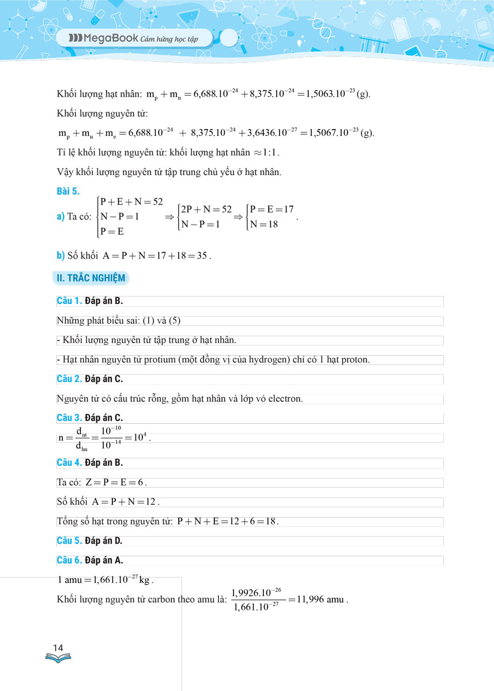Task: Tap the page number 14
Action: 58,648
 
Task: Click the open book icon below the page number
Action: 58,658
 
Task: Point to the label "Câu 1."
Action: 69,301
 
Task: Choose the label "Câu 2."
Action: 69,379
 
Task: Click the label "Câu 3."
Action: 69,418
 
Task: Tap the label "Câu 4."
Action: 69,462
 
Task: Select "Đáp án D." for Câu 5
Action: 104,541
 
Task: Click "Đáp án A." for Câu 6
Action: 104,560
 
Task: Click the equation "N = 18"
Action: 264,224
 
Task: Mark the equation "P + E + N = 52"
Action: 131,202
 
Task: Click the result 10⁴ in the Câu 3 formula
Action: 139,437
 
